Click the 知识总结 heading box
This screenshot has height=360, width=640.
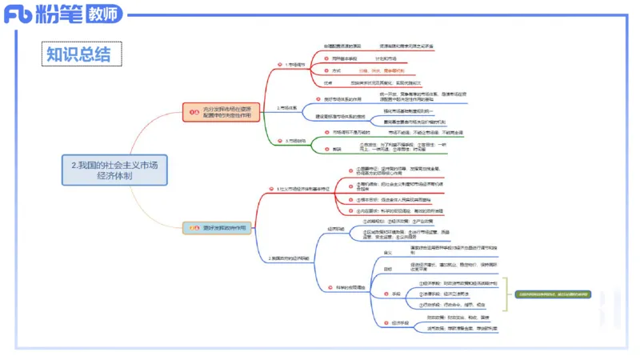point(82,54)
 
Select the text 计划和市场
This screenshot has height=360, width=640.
point(387,58)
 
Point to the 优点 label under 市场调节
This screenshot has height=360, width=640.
point(328,82)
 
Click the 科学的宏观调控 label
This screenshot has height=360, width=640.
point(346,287)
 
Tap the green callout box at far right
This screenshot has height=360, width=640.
point(551,294)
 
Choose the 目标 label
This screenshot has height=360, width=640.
point(388,269)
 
